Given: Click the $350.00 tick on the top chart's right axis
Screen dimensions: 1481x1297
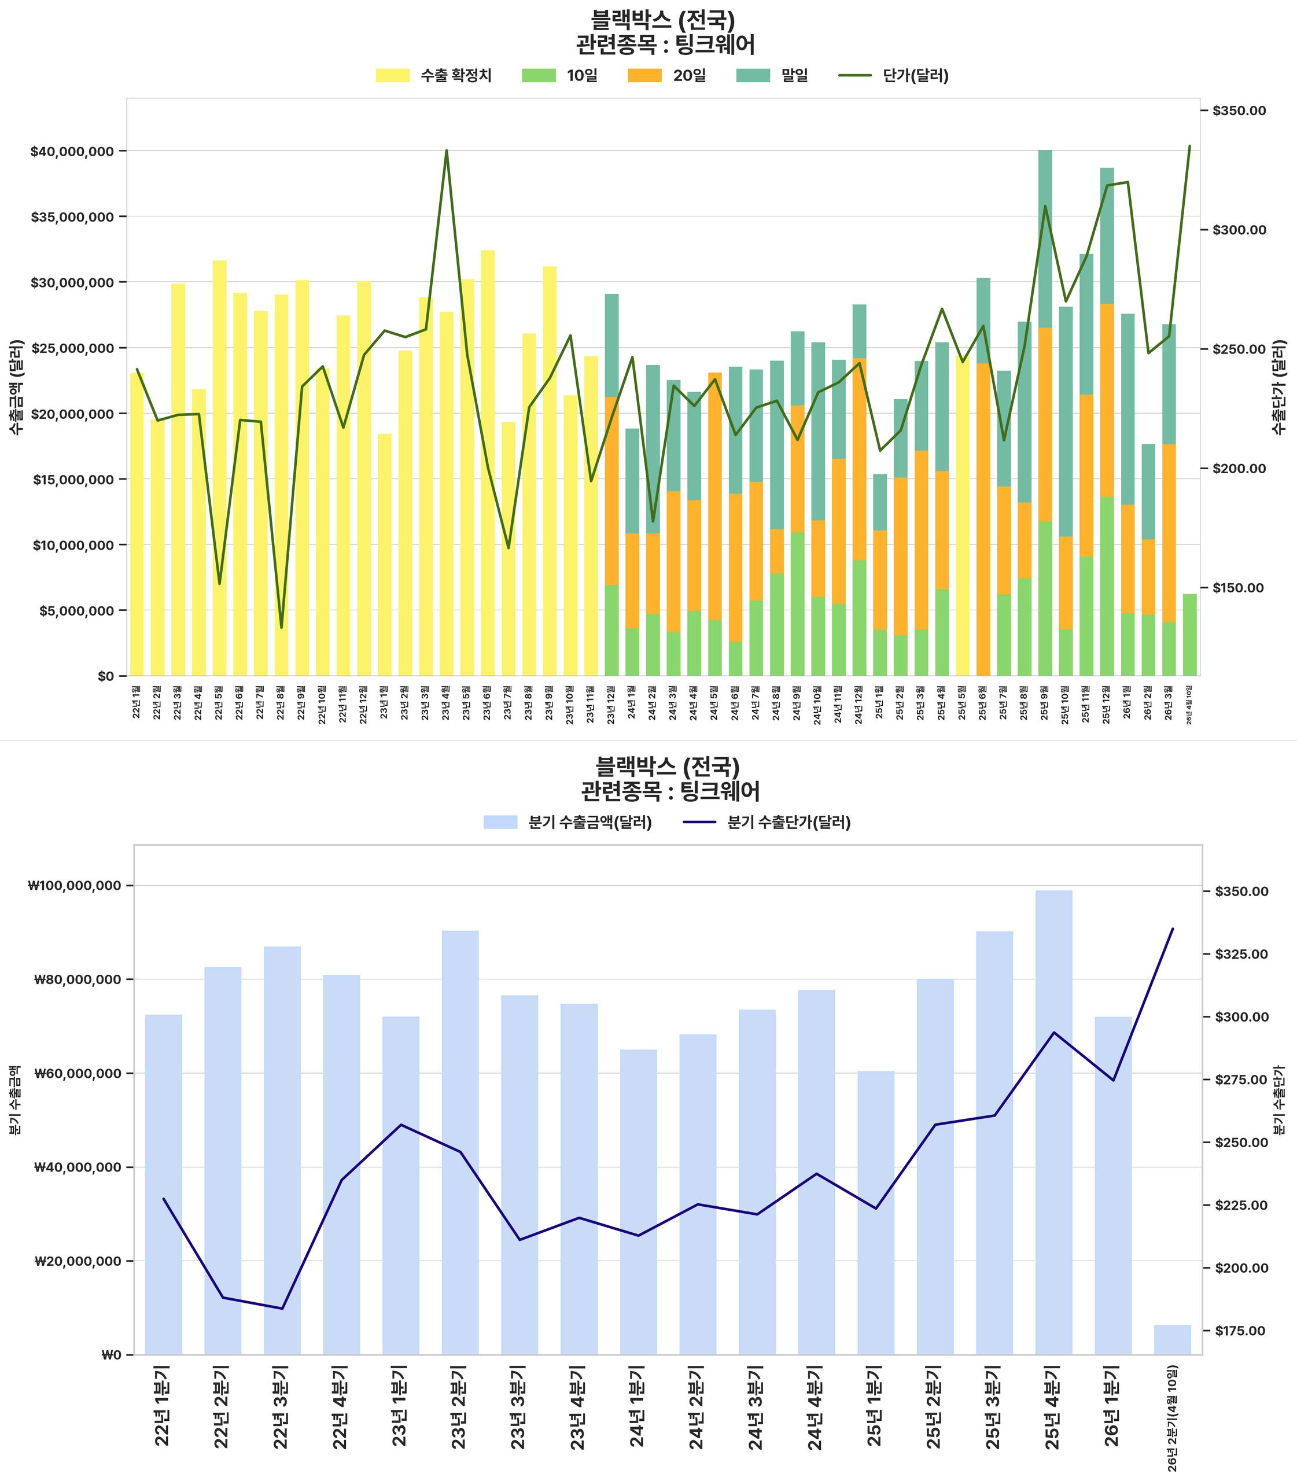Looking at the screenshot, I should coord(1239,110).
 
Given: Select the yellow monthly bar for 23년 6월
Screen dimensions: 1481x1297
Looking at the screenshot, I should coord(488,463).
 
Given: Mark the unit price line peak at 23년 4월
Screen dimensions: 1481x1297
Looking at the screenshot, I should coord(447,150).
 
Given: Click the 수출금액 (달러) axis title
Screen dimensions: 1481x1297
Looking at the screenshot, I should coord(16,386).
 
